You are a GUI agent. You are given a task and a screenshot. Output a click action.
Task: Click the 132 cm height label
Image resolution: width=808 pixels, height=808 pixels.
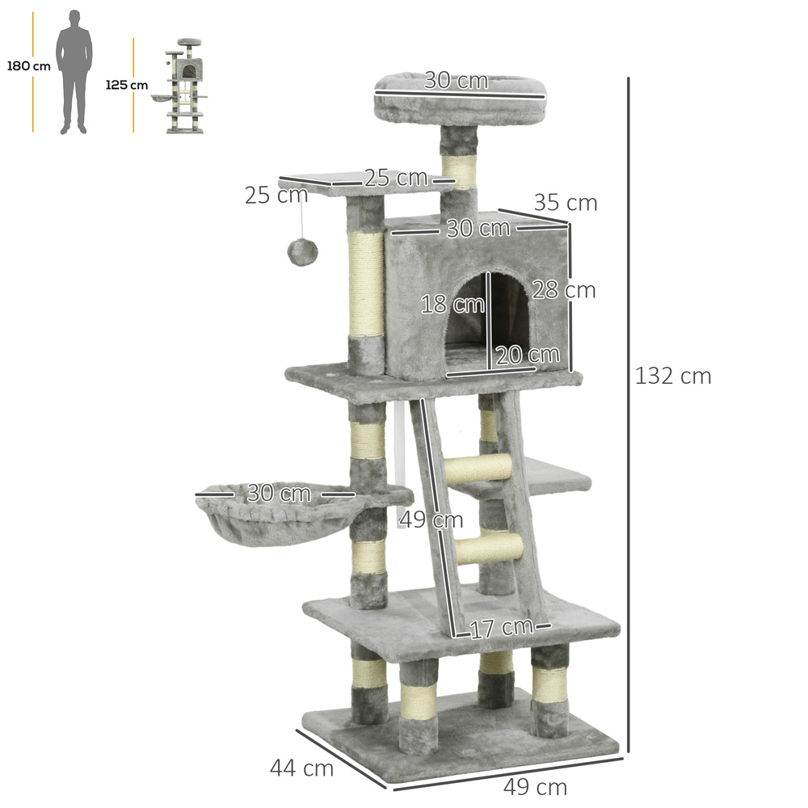tap(672, 376)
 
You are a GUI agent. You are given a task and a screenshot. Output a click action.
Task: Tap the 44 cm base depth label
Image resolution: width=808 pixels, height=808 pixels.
tap(301, 768)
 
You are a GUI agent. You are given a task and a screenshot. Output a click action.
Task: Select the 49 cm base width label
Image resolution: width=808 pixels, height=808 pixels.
tap(535, 786)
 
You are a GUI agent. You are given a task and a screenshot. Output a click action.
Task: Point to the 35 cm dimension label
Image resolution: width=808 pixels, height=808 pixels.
tap(565, 203)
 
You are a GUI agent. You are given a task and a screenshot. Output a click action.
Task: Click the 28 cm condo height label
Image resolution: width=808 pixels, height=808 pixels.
tap(563, 290)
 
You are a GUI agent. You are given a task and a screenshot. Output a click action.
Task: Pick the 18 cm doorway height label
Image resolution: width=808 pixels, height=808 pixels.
tap(452, 305)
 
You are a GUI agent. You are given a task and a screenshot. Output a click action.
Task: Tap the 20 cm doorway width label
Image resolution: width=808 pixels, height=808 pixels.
tap(527, 355)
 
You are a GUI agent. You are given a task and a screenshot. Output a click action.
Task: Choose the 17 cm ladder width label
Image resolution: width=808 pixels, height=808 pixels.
tap(501, 627)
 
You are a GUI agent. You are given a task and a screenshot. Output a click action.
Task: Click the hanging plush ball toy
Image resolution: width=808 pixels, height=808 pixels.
tap(302, 252)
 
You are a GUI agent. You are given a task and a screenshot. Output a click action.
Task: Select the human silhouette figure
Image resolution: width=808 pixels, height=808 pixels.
tap(74, 72)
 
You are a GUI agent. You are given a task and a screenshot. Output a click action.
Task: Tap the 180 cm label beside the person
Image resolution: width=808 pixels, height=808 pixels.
tap(28, 66)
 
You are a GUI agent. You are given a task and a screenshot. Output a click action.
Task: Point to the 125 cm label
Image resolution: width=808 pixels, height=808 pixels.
tap(127, 85)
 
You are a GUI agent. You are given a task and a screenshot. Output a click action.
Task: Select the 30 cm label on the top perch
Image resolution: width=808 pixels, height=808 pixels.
tap(457, 81)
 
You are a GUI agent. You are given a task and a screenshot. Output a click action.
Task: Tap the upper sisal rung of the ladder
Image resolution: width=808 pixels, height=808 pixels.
tap(478, 469)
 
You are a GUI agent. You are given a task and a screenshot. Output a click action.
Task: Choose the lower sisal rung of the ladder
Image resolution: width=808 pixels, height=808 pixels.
tap(489, 549)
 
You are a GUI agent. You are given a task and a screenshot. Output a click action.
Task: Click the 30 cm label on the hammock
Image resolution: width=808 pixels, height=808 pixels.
tap(278, 493)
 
